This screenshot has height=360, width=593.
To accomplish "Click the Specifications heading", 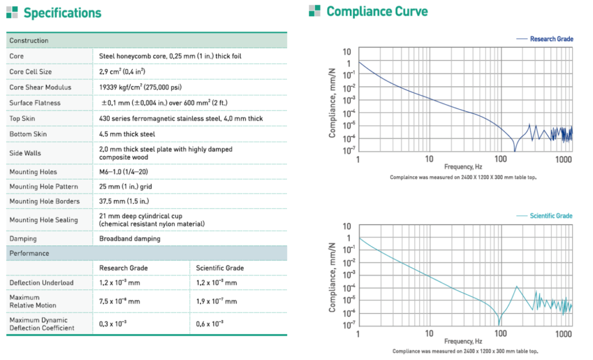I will tap(62, 13).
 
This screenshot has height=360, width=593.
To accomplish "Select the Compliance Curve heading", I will tap(377, 11).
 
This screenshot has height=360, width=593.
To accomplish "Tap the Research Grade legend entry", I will tap(551, 39).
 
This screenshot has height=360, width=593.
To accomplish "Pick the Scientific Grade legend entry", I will tap(551, 216).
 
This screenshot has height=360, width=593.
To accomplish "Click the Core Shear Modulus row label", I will tap(40, 87).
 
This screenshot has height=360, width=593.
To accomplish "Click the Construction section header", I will tap(29, 41).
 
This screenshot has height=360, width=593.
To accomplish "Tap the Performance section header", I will tap(30, 254).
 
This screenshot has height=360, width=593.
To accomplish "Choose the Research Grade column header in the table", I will tap(123, 268).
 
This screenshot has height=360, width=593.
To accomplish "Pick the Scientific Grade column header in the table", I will tap(219, 268).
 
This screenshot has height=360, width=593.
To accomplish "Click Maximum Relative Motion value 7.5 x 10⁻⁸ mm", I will tap(120, 302).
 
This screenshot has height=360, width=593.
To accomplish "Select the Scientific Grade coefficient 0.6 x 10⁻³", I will tap(210, 324).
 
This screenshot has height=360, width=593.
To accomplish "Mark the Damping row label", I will tap(23, 238).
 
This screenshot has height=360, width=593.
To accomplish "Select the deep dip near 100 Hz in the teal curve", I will tap(499, 322).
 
